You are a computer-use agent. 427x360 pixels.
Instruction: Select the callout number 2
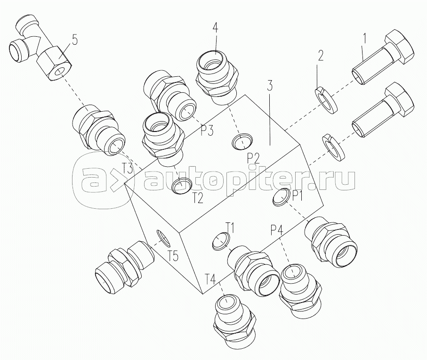pyautogui.click(x=321, y=56)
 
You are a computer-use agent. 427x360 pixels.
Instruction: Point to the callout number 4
pyautogui.click(x=215, y=27)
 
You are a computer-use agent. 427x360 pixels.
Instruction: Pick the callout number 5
pyautogui.click(x=74, y=40)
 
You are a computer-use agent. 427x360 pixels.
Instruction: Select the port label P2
pyautogui.click(x=253, y=158)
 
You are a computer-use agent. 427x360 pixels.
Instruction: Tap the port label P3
pyautogui.click(x=207, y=131)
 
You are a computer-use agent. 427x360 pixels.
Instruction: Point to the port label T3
pyautogui.click(x=128, y=169)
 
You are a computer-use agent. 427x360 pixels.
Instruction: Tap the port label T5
pyautogui.click(x=173, y=255)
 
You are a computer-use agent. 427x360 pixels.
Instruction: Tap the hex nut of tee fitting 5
pyautogui.click(x=55, y=64)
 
